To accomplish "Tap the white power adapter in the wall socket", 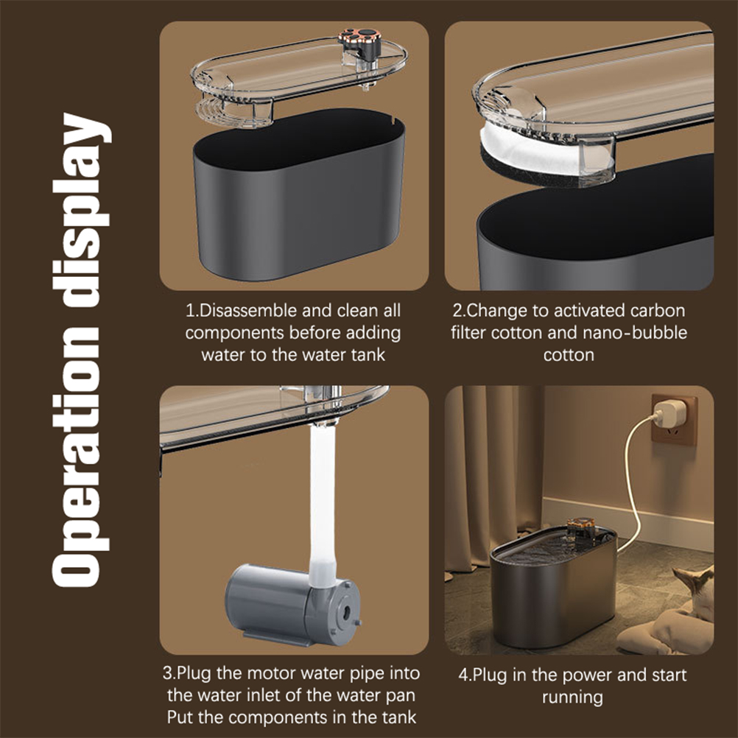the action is tap(666, 414).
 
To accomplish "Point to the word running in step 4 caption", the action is tap(572, 697).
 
